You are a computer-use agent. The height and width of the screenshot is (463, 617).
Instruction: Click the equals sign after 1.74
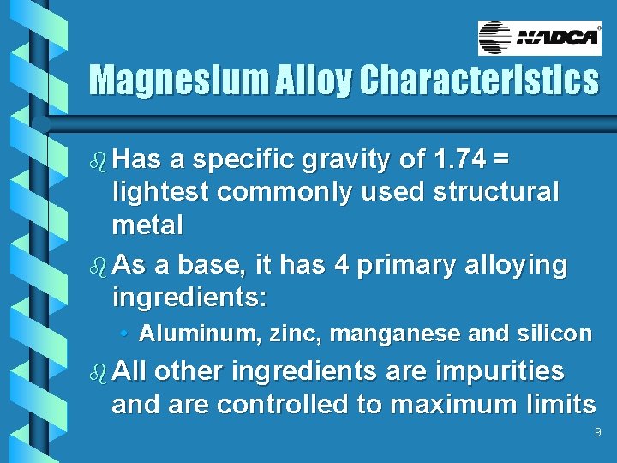(502, 159)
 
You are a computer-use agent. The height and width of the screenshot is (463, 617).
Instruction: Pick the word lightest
(160, 192)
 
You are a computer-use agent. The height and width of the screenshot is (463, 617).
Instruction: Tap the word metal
(147, 225)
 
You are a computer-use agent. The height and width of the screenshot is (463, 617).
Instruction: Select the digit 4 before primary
(342, 266)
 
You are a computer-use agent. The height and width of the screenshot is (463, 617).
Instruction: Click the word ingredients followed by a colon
(189, 299)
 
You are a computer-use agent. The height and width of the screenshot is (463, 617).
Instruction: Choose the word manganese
(394, 334)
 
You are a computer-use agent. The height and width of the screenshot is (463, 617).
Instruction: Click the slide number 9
(598, 434)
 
